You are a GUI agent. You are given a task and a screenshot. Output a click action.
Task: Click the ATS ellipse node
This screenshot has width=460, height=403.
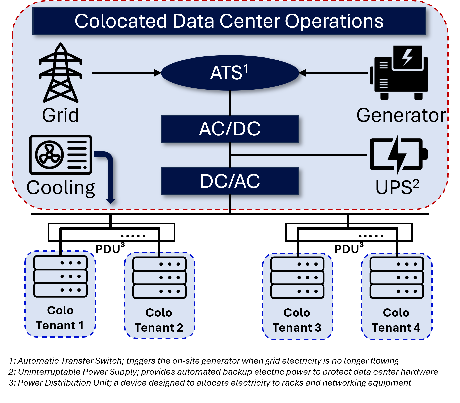(x=230, y=73)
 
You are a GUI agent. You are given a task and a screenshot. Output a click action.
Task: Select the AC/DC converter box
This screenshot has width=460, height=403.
(x=230, y=129)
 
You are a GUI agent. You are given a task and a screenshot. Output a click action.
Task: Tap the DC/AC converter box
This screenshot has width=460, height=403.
(x=230, y=181)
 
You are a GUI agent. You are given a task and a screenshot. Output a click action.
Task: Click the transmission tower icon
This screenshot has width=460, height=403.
(x=61, y=73)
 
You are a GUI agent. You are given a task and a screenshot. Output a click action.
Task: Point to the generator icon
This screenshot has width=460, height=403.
(x=399, y=73)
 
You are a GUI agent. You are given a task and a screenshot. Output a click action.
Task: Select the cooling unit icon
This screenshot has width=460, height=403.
(x=61, y=155)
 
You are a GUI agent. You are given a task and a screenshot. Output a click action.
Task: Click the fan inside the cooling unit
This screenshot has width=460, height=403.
(x=49, y=155)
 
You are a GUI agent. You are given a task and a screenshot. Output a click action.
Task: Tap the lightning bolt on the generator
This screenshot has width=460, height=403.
(x=407, y=57)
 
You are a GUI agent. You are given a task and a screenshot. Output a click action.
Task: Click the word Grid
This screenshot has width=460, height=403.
(x=60, y=115)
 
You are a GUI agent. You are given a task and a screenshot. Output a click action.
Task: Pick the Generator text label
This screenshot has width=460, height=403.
(x=401, y=115)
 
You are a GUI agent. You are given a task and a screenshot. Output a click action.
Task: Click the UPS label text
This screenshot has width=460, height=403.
(x=397, y=187)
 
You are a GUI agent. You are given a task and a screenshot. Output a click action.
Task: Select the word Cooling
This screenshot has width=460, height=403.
(x=61, y=188)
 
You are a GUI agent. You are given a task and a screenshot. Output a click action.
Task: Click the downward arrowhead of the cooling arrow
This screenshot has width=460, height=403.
(x=110, y=201)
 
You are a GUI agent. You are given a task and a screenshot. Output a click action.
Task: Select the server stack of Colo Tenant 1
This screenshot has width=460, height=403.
(x=60, y=276)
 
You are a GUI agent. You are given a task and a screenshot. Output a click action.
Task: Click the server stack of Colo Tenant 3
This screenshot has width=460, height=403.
(x=297, y=278)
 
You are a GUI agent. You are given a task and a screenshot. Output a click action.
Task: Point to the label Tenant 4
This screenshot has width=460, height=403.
(x=396, y=328)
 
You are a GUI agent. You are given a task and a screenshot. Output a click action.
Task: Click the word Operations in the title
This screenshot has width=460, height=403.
(x=334, y=21)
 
